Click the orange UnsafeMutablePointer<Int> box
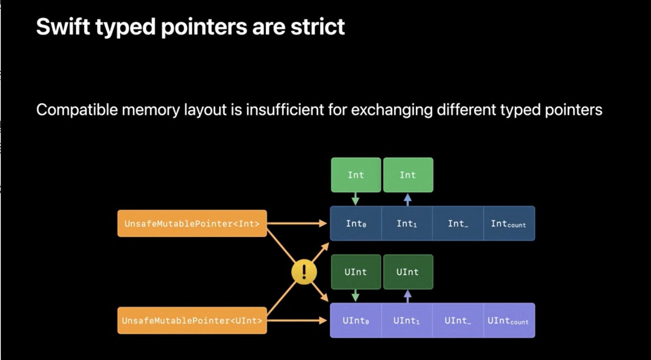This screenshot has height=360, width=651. (x=192, y=223)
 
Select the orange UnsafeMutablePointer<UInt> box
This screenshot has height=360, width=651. (x=192, y=320)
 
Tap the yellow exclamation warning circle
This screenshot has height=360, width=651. (x=304, y=272)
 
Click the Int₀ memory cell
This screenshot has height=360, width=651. (x=356, y=223)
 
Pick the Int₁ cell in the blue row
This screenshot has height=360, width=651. (x=407, y=223)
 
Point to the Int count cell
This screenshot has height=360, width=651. (x=509, y=223)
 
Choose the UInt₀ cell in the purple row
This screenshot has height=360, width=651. (x=356, y=320)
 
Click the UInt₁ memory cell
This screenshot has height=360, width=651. (x=407, y=320)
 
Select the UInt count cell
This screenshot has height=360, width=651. (x=509, y=320)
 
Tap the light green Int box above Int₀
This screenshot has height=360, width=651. (x=356, y=175)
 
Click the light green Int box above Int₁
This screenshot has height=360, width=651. (x=408, y=175)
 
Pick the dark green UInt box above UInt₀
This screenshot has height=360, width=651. (x=356, y=272)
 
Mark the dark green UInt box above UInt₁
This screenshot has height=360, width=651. (x=408, y=272)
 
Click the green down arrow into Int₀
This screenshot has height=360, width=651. (x=356, y=199)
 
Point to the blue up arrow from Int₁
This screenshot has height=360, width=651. (x=408, y=200)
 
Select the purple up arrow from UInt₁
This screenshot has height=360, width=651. (x=408, y=297)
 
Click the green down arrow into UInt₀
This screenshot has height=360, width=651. (x=356, y=296)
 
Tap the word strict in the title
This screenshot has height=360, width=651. (x=318, y=27)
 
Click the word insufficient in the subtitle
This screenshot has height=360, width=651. (x=285, y=110)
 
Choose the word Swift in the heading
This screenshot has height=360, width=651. (x=63, y=27)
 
